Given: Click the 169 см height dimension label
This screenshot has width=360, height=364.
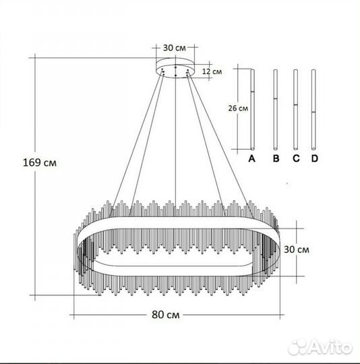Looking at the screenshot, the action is [40, 162].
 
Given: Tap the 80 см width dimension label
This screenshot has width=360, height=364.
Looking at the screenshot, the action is [165, 315].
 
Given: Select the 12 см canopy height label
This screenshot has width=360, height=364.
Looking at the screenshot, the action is [212, 71].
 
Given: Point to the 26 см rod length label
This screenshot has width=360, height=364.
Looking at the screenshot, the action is [238, 108].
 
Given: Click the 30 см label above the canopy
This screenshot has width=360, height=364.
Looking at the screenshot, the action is [175, 48].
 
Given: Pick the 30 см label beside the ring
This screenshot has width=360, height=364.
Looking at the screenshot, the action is [297, 249].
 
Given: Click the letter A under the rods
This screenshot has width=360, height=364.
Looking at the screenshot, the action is [252, 158].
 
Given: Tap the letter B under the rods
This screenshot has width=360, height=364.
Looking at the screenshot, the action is [276, 158].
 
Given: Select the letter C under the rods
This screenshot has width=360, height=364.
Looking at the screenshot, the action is [296, 158].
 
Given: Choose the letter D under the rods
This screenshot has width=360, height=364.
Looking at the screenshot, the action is [314, 158].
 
